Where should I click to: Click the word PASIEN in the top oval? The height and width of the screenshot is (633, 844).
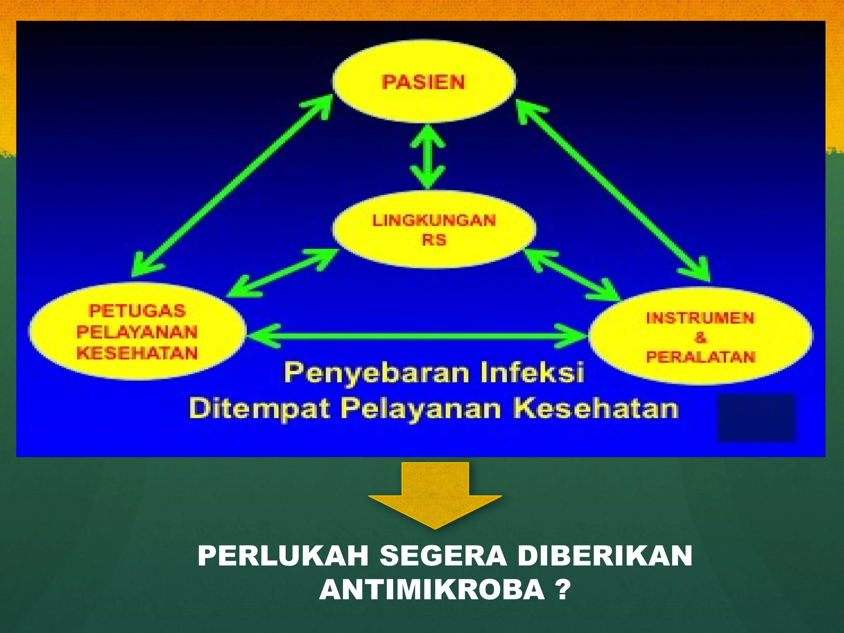423,82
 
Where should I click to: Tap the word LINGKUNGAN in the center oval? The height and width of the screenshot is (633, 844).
434,220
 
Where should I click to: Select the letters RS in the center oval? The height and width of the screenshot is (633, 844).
434,240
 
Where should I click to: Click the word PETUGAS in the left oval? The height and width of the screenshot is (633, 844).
137,311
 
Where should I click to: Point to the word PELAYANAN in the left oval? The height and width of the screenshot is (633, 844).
137,332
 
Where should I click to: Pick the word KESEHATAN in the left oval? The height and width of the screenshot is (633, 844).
137,353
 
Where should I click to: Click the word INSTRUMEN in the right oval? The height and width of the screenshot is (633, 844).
700,318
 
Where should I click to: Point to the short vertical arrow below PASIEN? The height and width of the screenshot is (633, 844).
428,157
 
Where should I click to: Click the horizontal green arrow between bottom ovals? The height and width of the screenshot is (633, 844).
416,336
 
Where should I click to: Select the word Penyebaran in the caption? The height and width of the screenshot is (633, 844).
377,373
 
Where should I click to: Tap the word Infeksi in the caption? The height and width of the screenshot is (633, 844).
532,373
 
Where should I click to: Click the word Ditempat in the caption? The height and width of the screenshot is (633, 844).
260,409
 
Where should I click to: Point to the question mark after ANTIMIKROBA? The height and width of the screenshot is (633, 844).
562,590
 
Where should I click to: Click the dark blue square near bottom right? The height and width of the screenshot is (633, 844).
756,418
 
